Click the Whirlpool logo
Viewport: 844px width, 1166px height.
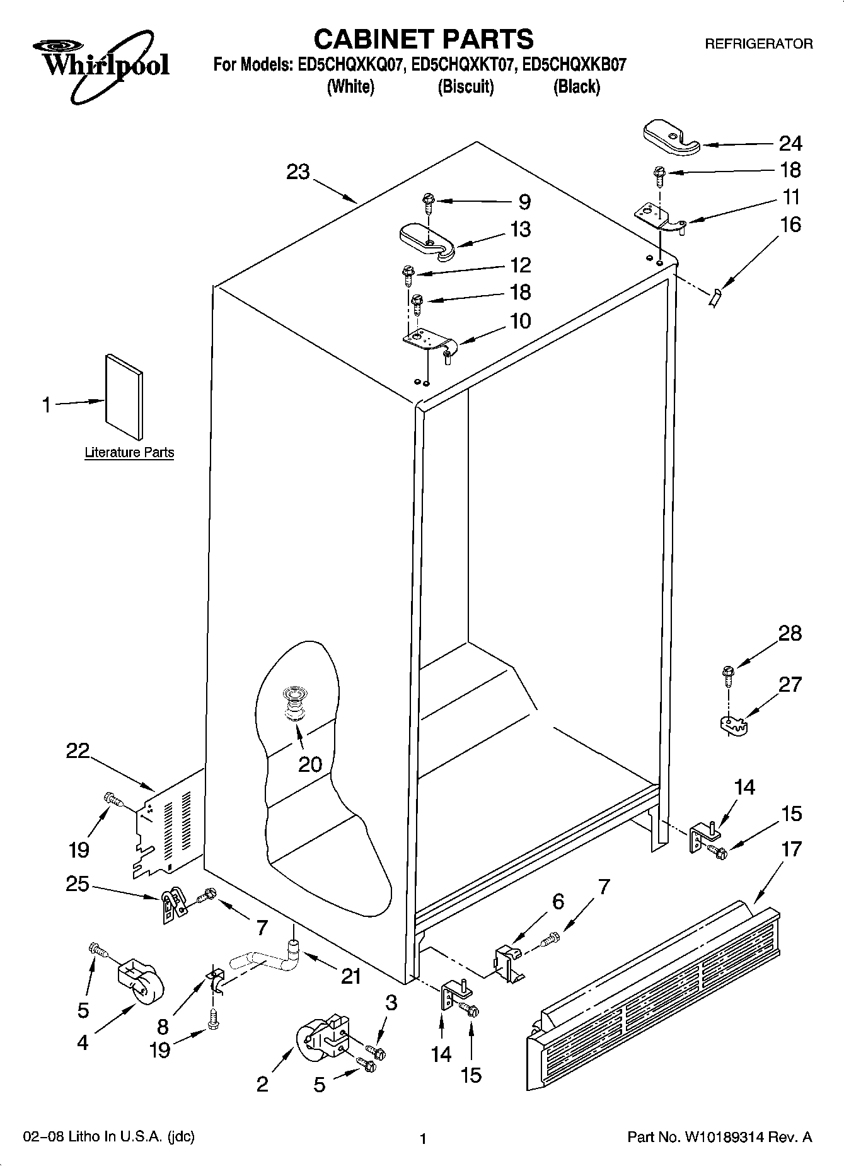(x=101, y=66)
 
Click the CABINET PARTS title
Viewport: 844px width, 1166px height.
(x=423, y=39)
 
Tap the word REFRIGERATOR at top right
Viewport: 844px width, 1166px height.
(x=758, y=44)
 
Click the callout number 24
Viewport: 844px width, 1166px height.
(x=790, y=144)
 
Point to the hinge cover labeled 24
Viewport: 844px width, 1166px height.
(x=671, y=139)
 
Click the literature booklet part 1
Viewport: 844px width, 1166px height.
(x=124, y=396)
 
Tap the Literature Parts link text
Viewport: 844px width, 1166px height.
(x=129, y=453)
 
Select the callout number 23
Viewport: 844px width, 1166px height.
(x=298, y=172)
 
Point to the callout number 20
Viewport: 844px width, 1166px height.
(x=310, y=764)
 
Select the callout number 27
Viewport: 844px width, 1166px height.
(x=790, y=684)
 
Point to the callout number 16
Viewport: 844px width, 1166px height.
(x=790, y=224)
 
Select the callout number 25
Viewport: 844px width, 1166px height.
(x=77, y=884)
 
